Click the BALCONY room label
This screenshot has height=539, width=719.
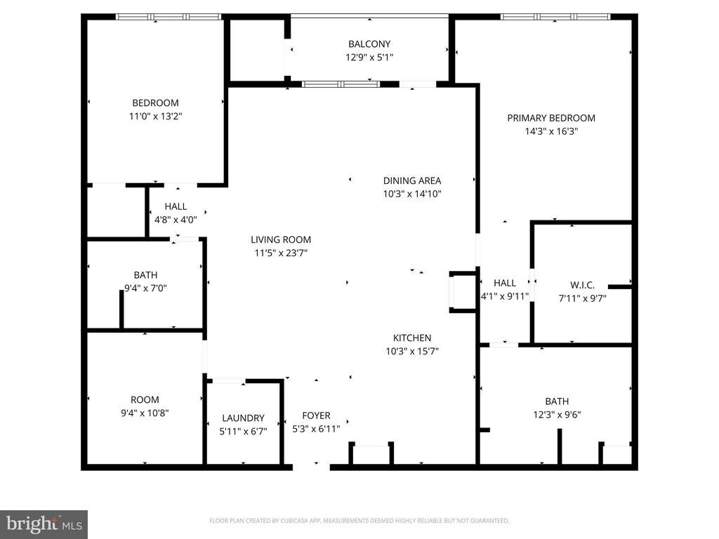[369, 44]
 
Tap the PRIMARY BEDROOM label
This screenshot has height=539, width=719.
[551, 118]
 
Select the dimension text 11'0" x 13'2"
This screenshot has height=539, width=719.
[155, 116]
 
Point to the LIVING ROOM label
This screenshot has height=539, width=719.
[281, 239]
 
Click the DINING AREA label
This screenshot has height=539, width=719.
[412, 180]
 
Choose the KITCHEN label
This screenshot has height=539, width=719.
[412, 338]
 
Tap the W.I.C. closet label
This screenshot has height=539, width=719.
[582, 285]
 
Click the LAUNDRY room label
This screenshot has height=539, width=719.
[243, 418]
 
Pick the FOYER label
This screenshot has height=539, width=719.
[316, 415]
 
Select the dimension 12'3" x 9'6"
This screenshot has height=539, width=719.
[557, 415]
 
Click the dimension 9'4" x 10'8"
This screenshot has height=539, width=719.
[145, 413]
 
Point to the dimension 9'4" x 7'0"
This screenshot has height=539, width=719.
[145, 288]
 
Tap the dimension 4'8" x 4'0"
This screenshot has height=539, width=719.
[176, 220]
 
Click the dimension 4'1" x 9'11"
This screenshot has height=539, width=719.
[504, 297]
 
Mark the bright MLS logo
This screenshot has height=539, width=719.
[44, 524]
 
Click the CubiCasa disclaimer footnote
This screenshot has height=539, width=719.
[359, 521]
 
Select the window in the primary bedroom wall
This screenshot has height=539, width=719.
[555, 17]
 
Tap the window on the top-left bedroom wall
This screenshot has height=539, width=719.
[169, 17]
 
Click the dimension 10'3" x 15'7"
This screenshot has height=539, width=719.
[412, 352]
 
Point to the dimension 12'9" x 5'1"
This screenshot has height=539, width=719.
[369, 58]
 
